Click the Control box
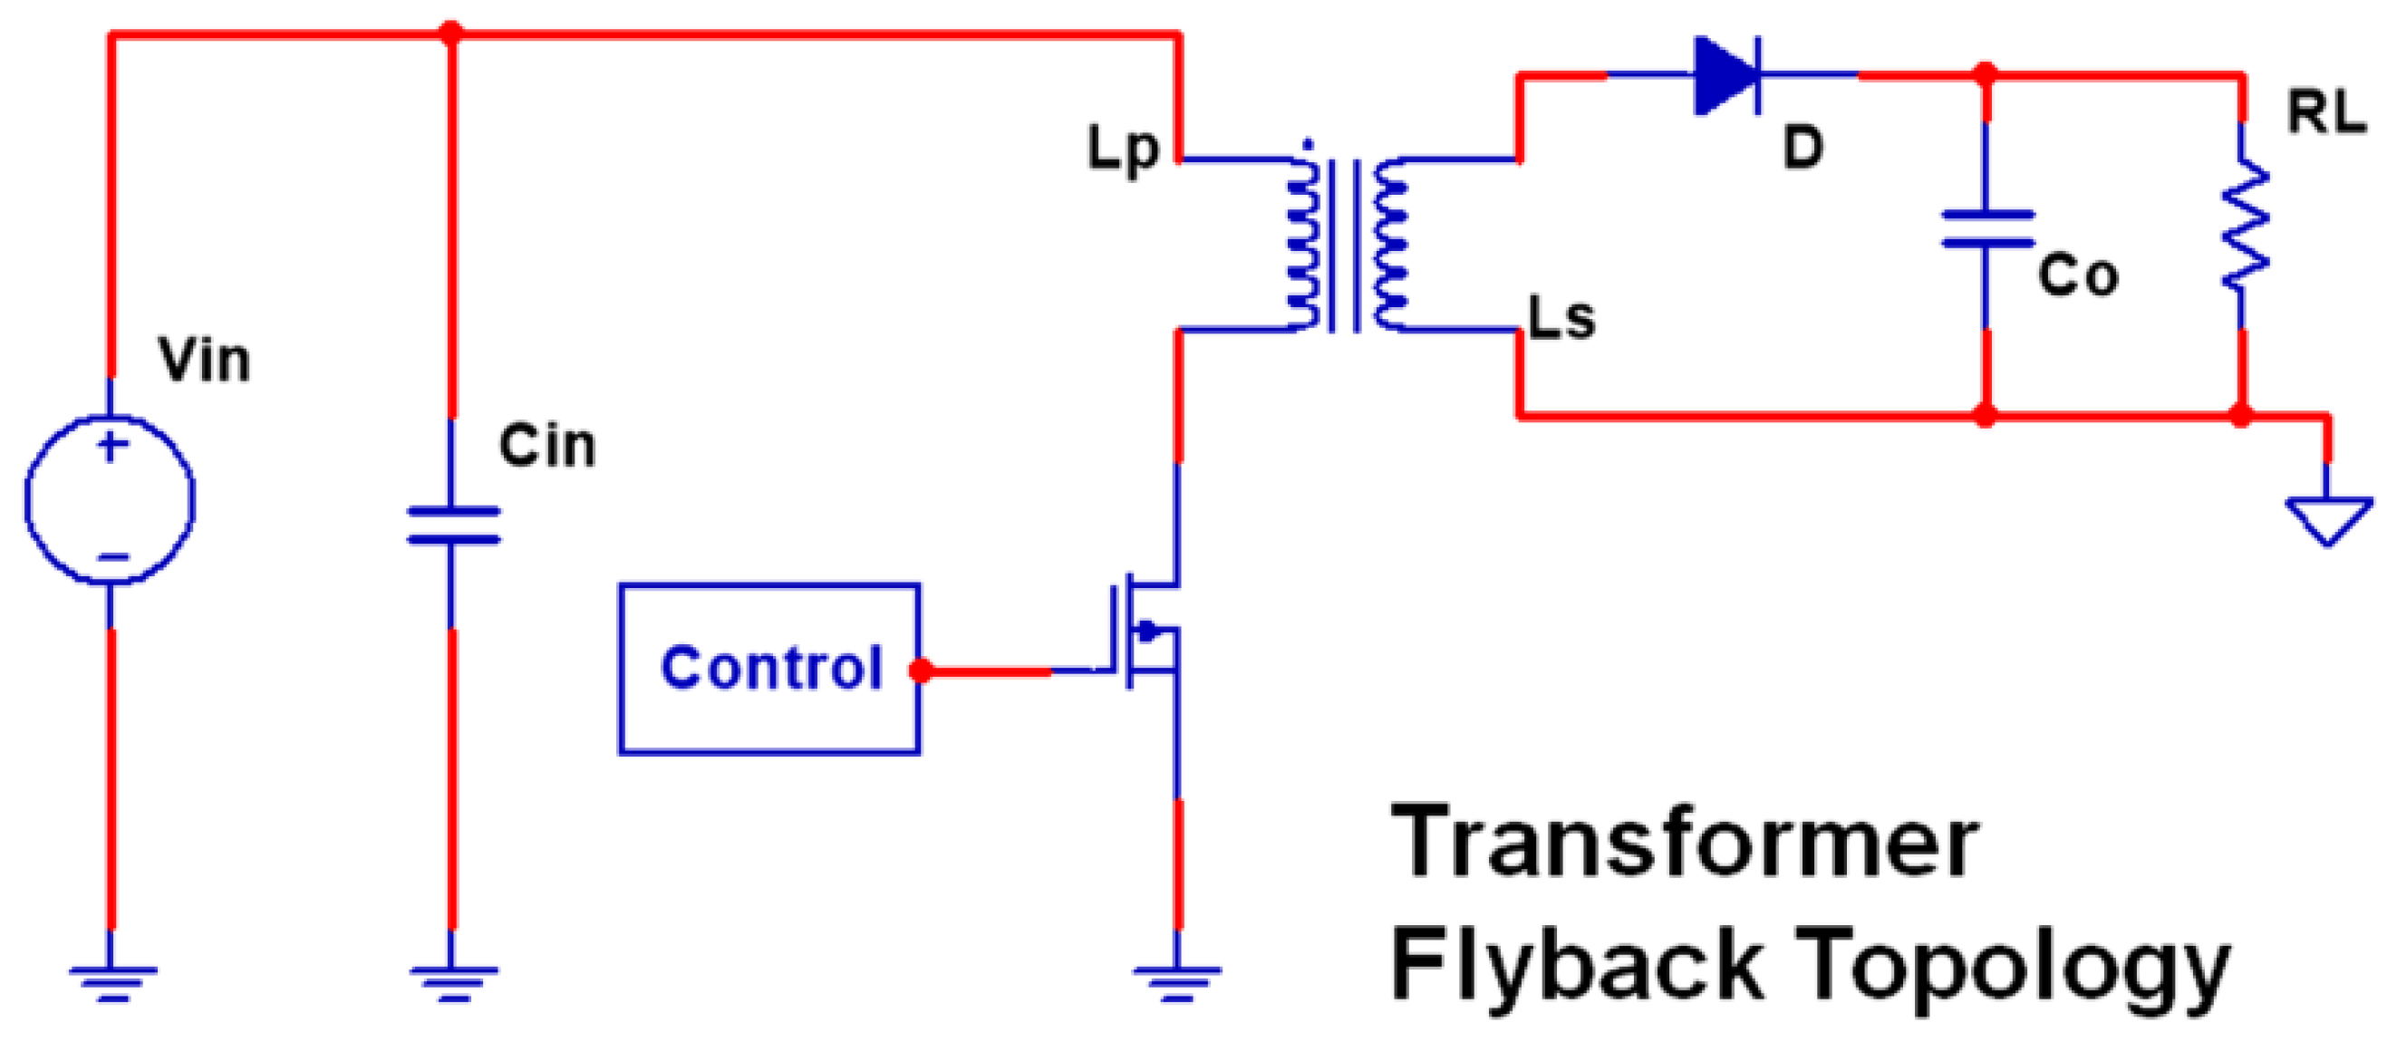pos(768,668)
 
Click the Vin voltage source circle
pos(110,499)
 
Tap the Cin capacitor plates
pos(453,525)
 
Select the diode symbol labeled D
pos(1726,74)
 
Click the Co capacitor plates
pos(1986,229)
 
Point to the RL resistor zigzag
pos(2245,223)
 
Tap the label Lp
pos(1123,149)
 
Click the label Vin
pos(204,360)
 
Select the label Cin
pos(547,446)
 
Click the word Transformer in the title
pos(1684,843)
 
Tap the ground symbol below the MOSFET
pos(1177,981)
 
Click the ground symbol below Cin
pos(453,981)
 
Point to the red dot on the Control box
pos(920,670)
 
